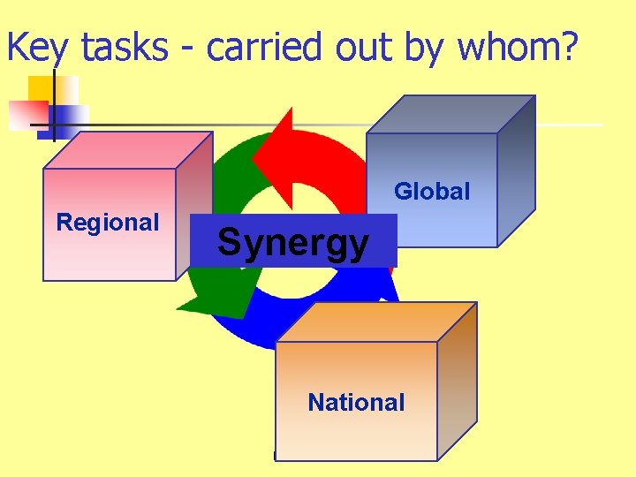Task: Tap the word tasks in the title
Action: pos(124,49)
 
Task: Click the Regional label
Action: pos(108,223)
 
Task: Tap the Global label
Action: pos(432,191)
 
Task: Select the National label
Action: pos(356,403)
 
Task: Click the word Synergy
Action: pos(293,241)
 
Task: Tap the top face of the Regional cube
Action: pos(128,150)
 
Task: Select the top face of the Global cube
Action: pos(450,114)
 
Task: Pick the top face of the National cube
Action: pos(376,322)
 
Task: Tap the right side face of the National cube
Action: pos(457,380)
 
